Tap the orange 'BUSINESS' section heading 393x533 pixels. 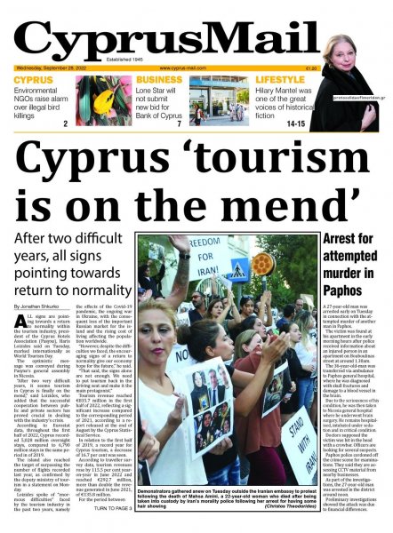coord(160,80)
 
